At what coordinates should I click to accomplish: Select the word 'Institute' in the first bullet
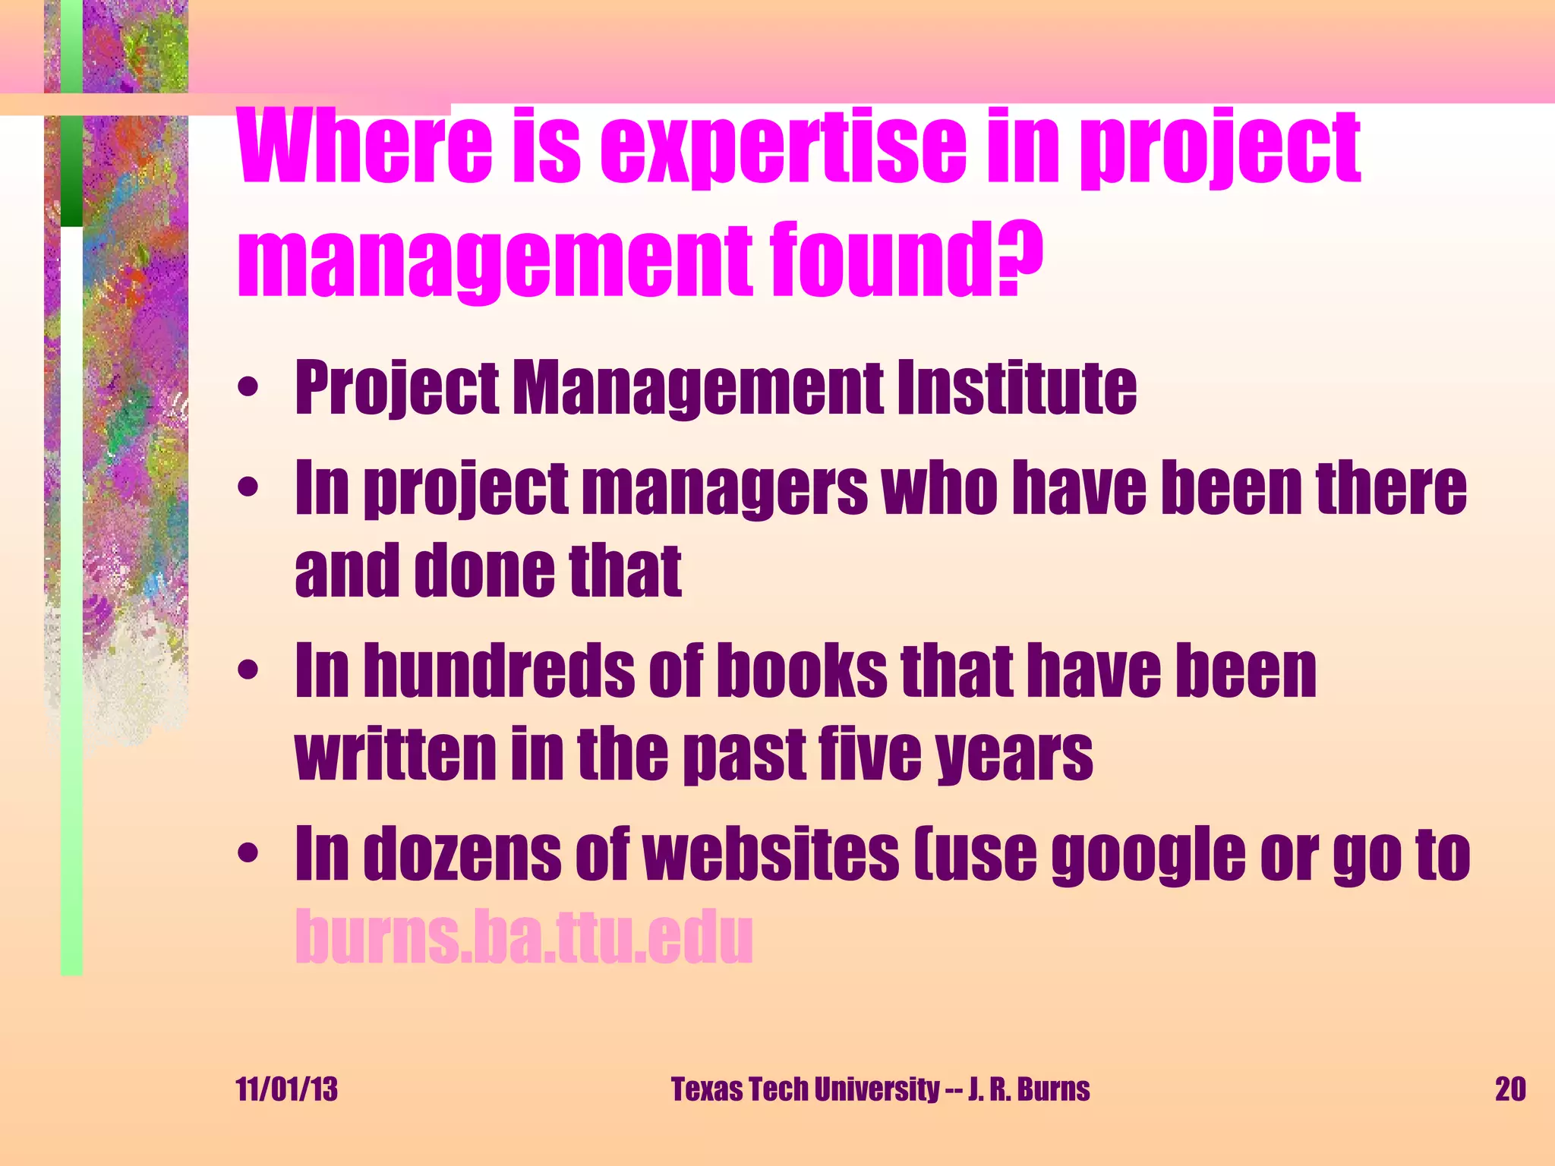pyautogui.click(x=1017, y=388)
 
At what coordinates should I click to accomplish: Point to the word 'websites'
pyautogui.click(x=771, y=855)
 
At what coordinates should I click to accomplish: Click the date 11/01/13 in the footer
pyautogui.click(x=287, y=1089)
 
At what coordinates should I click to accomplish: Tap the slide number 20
pyautogui.click(x=1509, y=1089)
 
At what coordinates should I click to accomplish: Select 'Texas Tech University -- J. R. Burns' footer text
pyautogui.click(x=880, y=1089)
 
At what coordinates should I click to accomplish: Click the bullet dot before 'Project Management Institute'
pyautogui.click(x=248, y=388)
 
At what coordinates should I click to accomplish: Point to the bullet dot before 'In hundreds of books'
pyautogui.click(x=248, y=670)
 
